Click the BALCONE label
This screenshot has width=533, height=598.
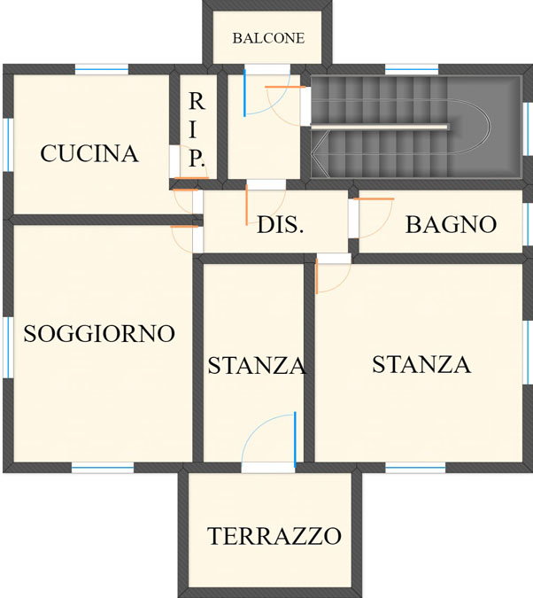268,38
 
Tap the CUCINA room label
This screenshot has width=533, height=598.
89,153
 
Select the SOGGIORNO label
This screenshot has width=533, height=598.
99,334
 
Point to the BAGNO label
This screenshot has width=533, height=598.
451,224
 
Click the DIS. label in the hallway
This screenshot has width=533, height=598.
281,225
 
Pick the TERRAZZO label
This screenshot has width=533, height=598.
274,536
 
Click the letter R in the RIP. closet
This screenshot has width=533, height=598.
197,102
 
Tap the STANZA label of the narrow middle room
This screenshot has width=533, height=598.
257,365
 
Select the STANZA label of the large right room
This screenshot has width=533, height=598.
421,364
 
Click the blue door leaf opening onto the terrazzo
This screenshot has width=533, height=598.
295,439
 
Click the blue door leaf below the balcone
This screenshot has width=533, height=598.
244,93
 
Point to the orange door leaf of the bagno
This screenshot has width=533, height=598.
374,198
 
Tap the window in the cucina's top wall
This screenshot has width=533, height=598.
102,69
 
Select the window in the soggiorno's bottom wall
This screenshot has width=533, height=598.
103,468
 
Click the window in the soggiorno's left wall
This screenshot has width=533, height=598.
8,347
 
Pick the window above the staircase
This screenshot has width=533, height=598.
412,69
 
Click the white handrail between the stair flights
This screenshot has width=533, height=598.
380,127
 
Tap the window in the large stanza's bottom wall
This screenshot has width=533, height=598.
415,468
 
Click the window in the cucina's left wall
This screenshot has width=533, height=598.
8,145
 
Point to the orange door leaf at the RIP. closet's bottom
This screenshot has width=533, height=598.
191,178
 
